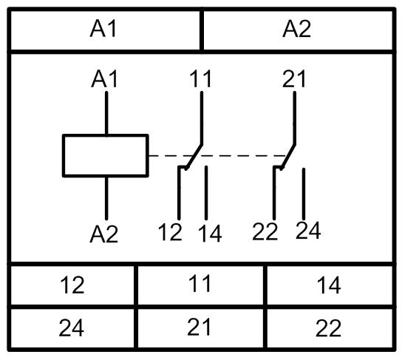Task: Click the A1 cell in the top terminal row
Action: click(x=105, y=30)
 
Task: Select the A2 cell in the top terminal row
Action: click(x=298, y=30)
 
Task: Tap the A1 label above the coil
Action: click(x=104, y=79)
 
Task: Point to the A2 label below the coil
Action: click(x=104, y=234)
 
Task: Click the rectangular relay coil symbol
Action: click(x=106, y=155)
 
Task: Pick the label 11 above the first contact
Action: click(x=200, y=78)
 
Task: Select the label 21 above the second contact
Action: click(x=294, y=78)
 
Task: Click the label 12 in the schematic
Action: click(x=170, y=232)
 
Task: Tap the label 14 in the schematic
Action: click(x=210, y=234)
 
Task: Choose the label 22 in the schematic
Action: click(x=265, y=231)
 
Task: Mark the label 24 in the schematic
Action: click(x=308, y=230)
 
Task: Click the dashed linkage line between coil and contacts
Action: click(x=217, y=156)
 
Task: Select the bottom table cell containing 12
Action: click(x=72, y=285)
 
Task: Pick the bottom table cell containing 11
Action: click(x=201, y=285)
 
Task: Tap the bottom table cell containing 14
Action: click(x=330, y=285)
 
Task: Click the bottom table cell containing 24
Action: click(x=72, y=328)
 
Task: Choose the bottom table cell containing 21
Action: click(x=201, y=328)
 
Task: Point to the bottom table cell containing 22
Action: click(x=330, y=328)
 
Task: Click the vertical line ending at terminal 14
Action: click(x=206, y=193)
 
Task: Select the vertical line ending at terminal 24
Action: click(x=304, y=194)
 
